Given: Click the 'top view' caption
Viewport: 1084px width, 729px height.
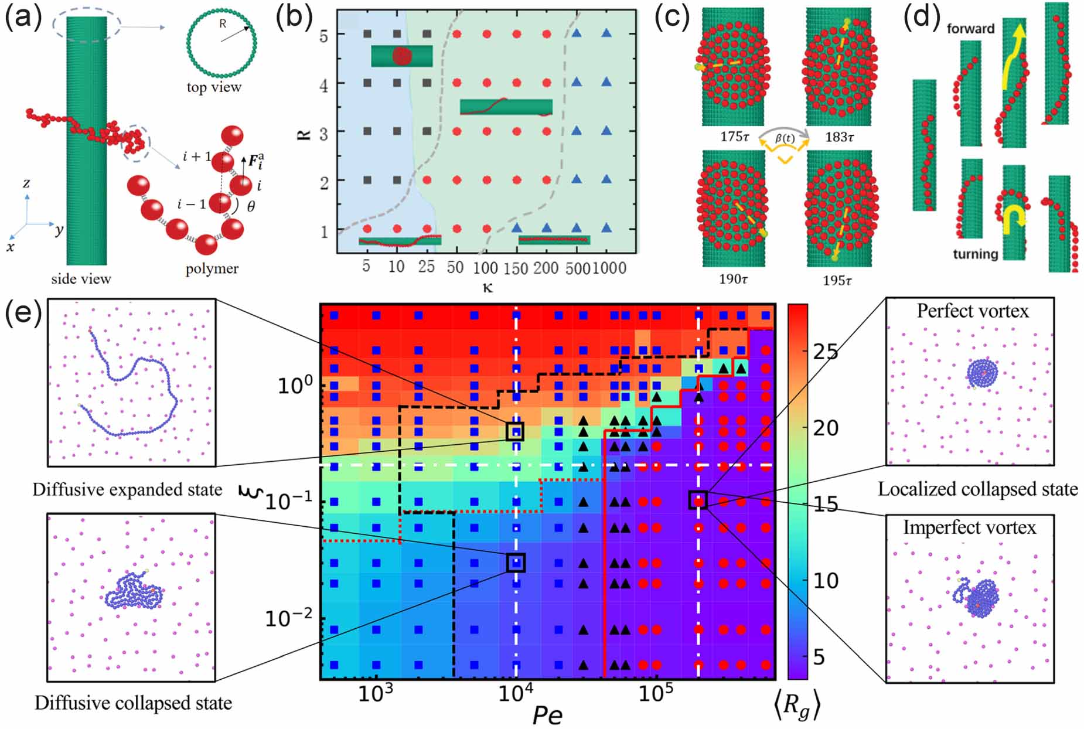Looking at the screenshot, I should click(214, 87).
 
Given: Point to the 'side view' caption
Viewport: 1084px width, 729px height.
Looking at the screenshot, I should click(81, 279).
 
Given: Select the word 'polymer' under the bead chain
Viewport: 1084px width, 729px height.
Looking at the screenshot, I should click(212, 269).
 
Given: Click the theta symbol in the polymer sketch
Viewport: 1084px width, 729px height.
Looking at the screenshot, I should click(251, 206).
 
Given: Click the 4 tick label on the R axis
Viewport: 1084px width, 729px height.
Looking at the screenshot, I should click(323, 84).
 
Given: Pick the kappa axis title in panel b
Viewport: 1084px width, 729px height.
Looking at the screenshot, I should click(487, 287).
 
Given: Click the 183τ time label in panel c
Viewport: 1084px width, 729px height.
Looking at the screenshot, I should click(840, 137).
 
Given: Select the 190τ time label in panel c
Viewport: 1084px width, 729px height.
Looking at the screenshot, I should click(734, 279).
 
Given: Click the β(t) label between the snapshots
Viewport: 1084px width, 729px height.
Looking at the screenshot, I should click(785, 138).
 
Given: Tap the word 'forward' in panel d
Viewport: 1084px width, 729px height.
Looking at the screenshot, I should click(971, 28).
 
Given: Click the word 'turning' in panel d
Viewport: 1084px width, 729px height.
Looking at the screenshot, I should click(975, 254).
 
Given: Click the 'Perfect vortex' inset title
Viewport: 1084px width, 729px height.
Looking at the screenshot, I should click(973, 311).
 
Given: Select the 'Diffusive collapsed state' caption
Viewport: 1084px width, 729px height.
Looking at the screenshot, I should click(133, 703).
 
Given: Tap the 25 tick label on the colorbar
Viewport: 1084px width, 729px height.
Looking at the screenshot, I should click(826, 352).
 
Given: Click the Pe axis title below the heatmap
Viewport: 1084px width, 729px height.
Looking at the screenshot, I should click(547, 715).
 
